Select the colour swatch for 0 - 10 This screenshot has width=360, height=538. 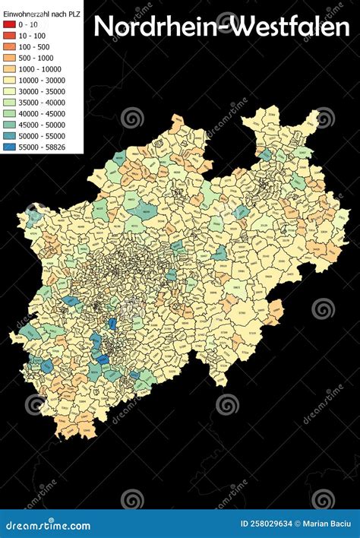(8, 24)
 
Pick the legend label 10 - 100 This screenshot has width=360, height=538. (31, 35)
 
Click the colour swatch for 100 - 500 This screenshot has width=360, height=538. (8, 46)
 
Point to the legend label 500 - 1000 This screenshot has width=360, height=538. (35, 57)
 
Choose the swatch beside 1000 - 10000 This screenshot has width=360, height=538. (8, 68)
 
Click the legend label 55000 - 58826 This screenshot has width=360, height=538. (41, 146)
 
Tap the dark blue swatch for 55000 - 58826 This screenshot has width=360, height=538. (8, 146)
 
